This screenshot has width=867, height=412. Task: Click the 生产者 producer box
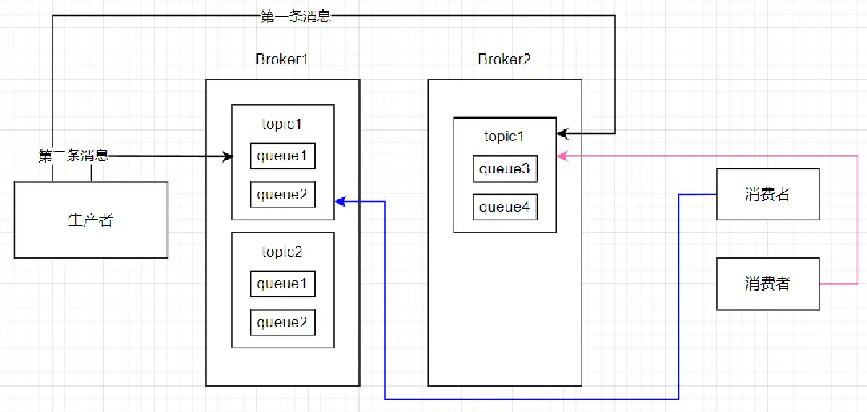91,220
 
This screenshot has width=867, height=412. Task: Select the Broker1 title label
282,59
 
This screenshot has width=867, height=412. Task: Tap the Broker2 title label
504,59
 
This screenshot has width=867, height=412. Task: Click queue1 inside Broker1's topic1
282,156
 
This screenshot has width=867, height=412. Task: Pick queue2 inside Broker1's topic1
282,194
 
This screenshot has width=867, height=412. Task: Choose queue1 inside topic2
282,284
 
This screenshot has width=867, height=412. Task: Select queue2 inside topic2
282,322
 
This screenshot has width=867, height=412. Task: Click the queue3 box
505,169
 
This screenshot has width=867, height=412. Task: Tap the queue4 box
505,207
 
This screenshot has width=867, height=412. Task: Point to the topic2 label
282,252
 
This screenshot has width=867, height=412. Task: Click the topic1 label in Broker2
504,137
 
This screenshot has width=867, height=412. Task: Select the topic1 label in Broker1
282,124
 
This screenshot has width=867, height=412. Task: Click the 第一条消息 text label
296,17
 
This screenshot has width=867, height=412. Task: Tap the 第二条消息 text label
74,155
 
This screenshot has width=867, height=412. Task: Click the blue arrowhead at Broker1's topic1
340,202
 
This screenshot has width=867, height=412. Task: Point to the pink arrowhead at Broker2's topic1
562,155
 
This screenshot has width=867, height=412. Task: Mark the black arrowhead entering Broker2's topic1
562,134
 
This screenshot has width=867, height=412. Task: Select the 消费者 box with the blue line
768,194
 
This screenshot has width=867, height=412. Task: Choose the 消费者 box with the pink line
768,284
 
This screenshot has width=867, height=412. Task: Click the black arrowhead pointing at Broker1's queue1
228,156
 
